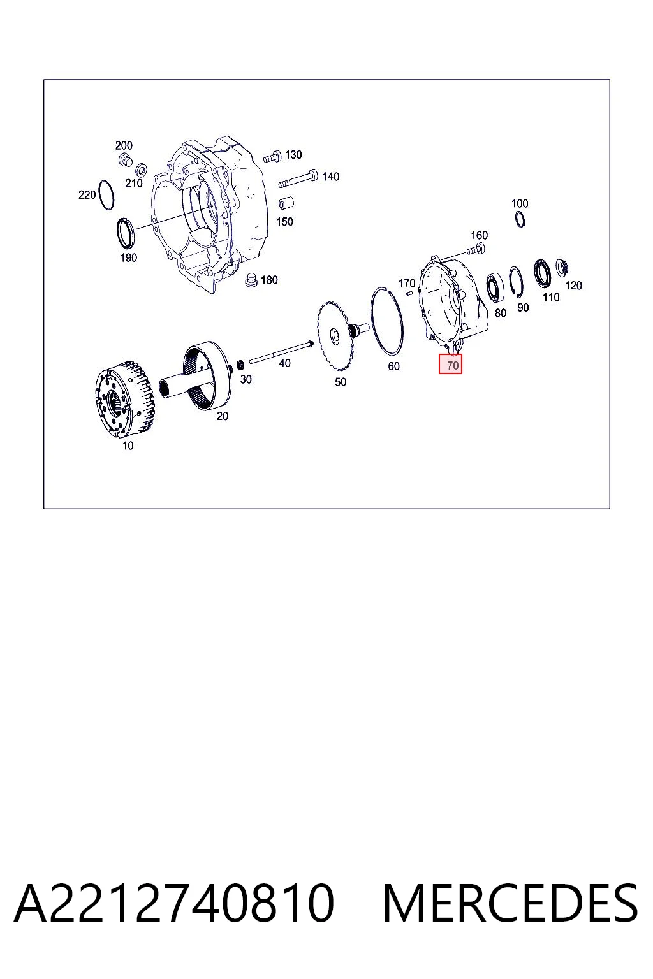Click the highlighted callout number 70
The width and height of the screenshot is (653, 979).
[x=452, y=365]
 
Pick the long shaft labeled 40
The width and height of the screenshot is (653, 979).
[x=281, y=353]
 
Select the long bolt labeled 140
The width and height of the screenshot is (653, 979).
[x=298, y=178]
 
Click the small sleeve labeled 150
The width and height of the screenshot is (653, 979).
[x=286, y=203]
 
